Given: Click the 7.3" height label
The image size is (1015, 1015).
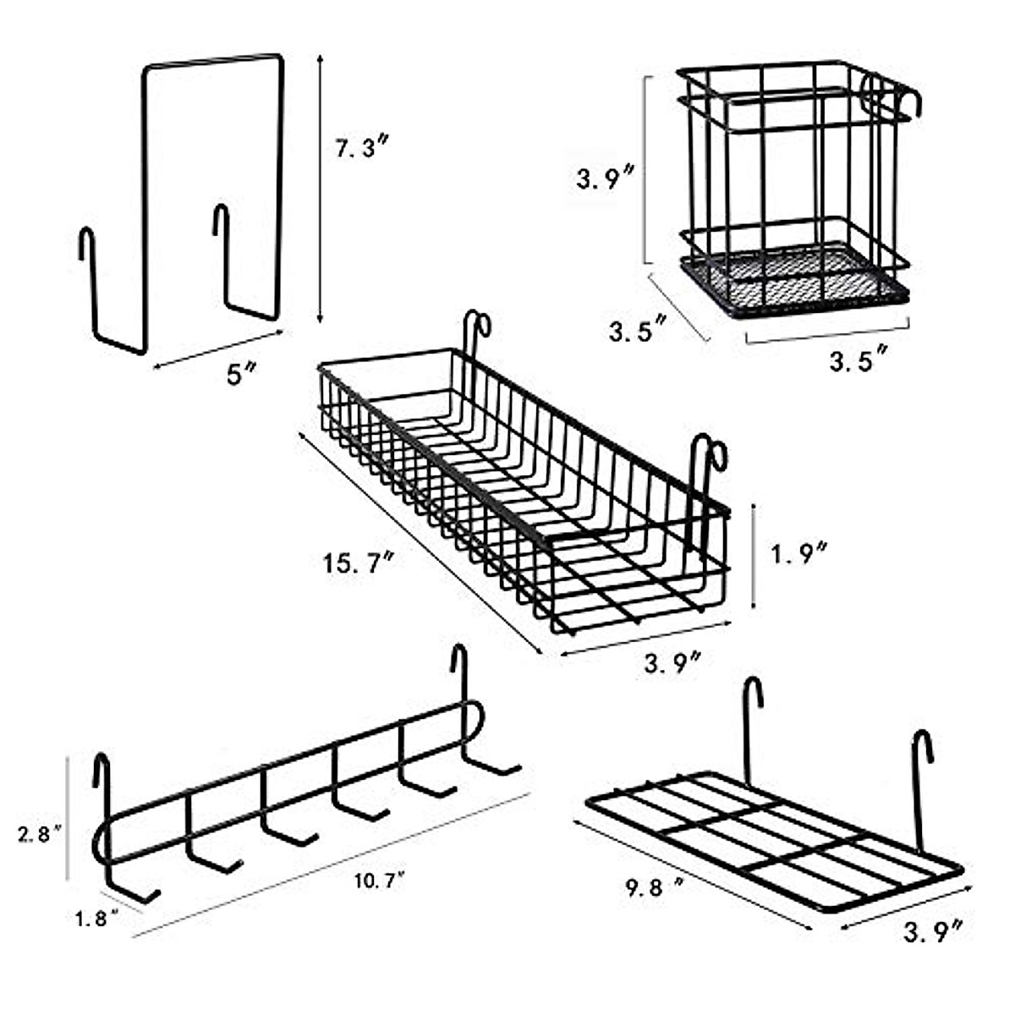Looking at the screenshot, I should [x=363, y=149].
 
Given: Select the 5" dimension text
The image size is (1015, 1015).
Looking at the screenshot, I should [x=239, y=374].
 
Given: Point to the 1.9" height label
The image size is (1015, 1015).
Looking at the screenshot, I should [x=798, y=554].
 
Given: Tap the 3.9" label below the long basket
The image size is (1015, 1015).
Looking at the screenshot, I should [x=673, y=662].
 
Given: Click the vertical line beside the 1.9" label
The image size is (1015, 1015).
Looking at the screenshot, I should [x=754, y=555].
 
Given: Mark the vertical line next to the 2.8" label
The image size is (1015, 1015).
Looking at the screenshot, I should [x=69, y=818].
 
